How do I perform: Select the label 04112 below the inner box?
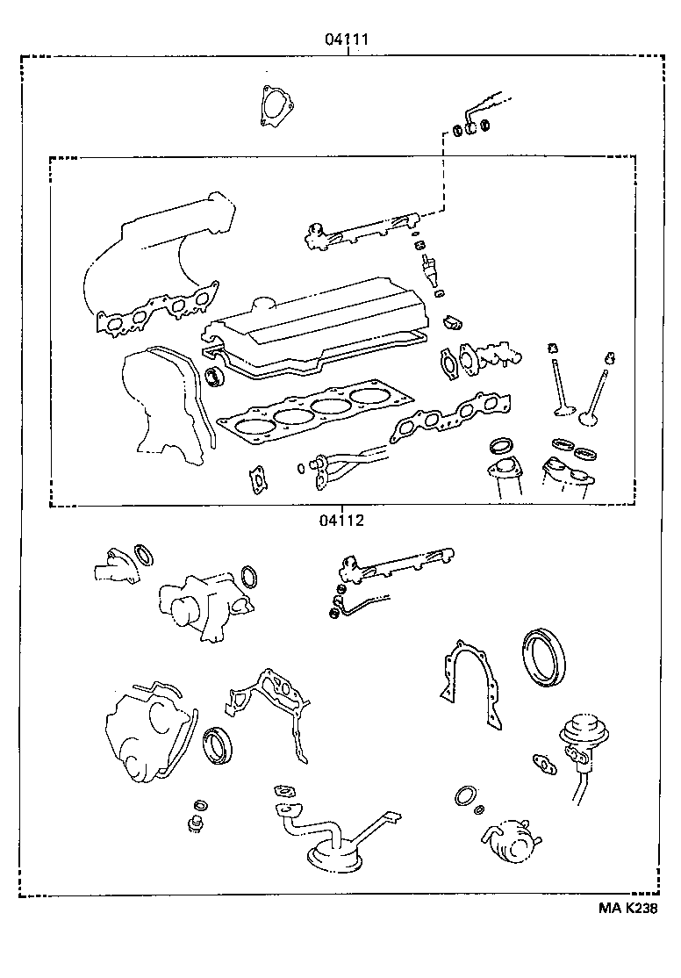coord(341,519)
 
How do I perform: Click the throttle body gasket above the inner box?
coord(274,105)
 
